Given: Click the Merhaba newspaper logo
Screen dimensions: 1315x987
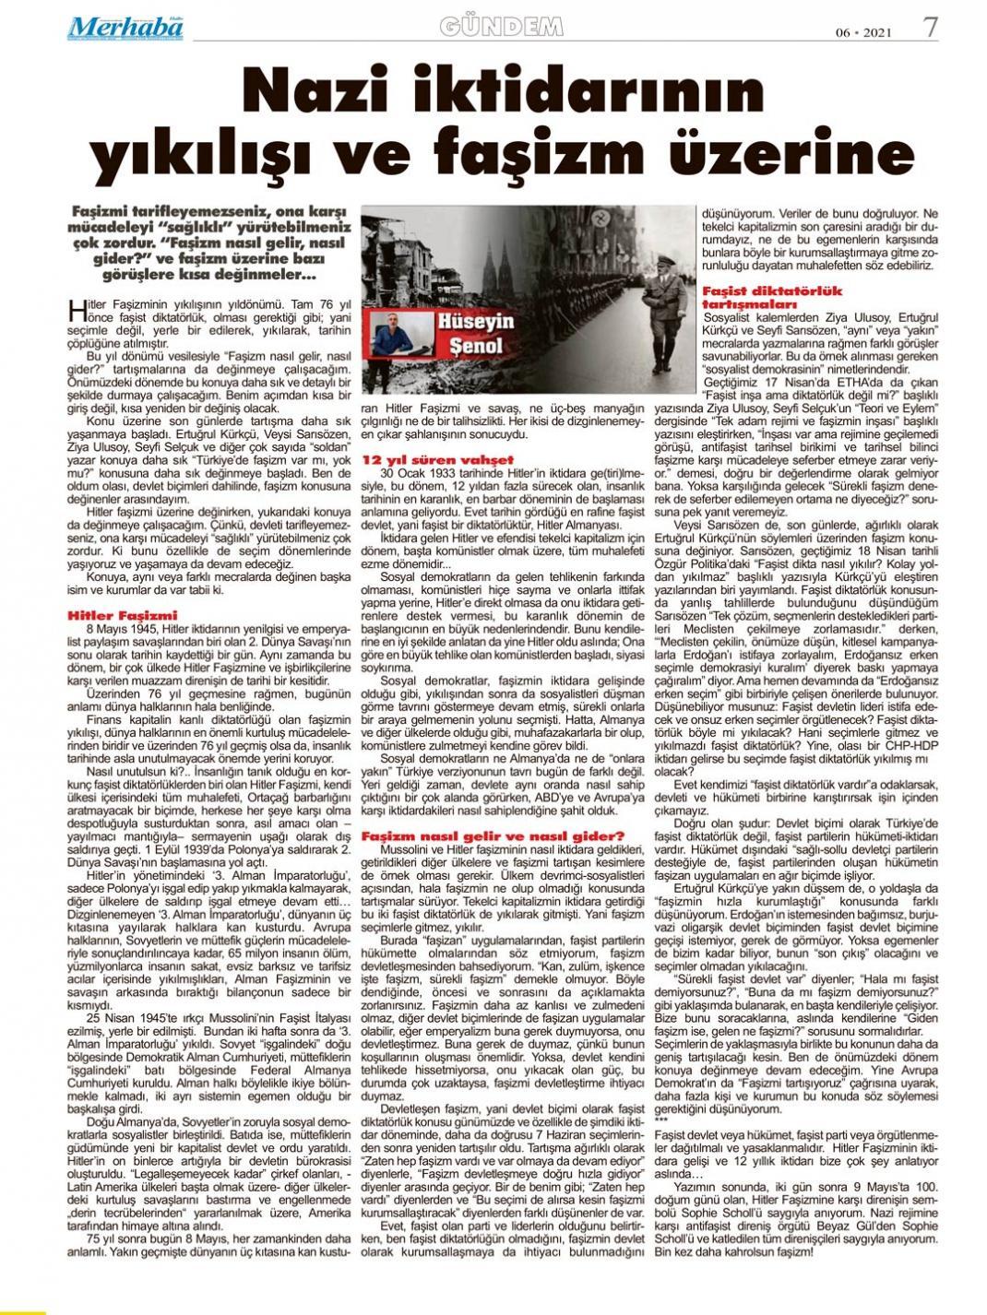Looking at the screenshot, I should tap(125, 29).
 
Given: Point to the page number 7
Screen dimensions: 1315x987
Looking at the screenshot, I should tap(930, 27).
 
